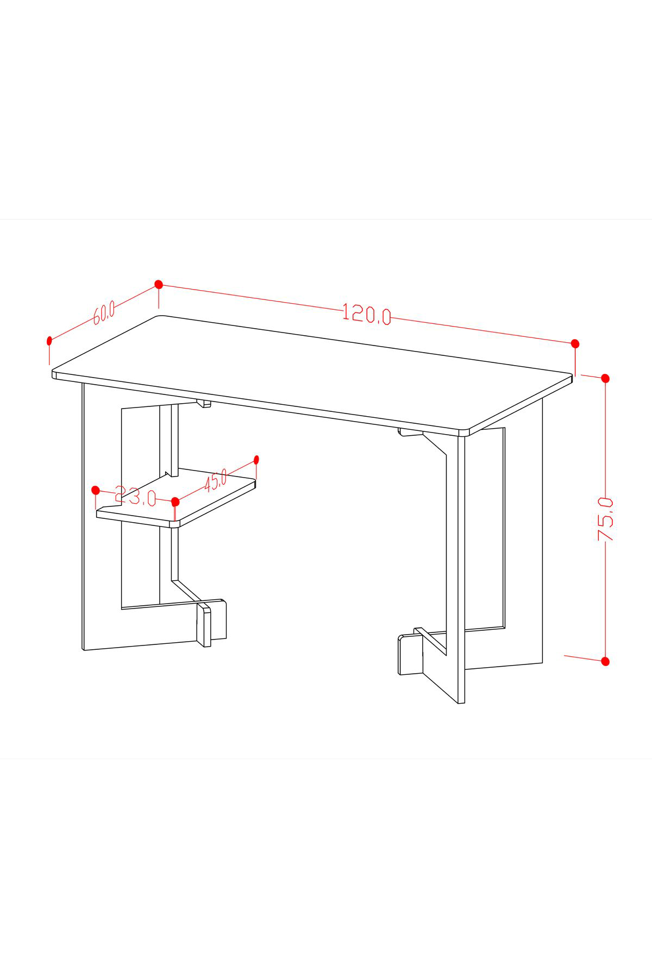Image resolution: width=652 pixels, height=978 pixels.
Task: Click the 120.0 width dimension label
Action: tap(367, 314)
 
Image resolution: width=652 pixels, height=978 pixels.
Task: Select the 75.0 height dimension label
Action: tap(605, 519)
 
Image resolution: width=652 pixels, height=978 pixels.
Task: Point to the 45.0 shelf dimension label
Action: tap(216, 481)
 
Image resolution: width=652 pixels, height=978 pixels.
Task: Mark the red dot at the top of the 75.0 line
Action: tap(605, 378)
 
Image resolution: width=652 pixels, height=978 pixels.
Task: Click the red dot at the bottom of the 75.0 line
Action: tap(605, 661)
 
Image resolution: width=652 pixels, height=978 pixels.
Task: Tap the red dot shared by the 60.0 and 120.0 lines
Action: tap(159, 284)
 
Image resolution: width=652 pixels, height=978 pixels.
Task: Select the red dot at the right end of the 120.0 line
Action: tap(575, 343)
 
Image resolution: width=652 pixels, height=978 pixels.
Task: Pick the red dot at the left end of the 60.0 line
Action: tap(49, 341)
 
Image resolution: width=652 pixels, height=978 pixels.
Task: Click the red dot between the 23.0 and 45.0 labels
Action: tap(175, 501)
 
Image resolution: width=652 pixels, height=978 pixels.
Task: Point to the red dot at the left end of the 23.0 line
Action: tap(96, 490)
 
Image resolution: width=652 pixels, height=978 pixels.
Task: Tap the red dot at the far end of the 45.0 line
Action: tap(256, 460)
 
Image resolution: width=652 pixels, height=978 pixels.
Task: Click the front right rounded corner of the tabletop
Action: tap(465, 432)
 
